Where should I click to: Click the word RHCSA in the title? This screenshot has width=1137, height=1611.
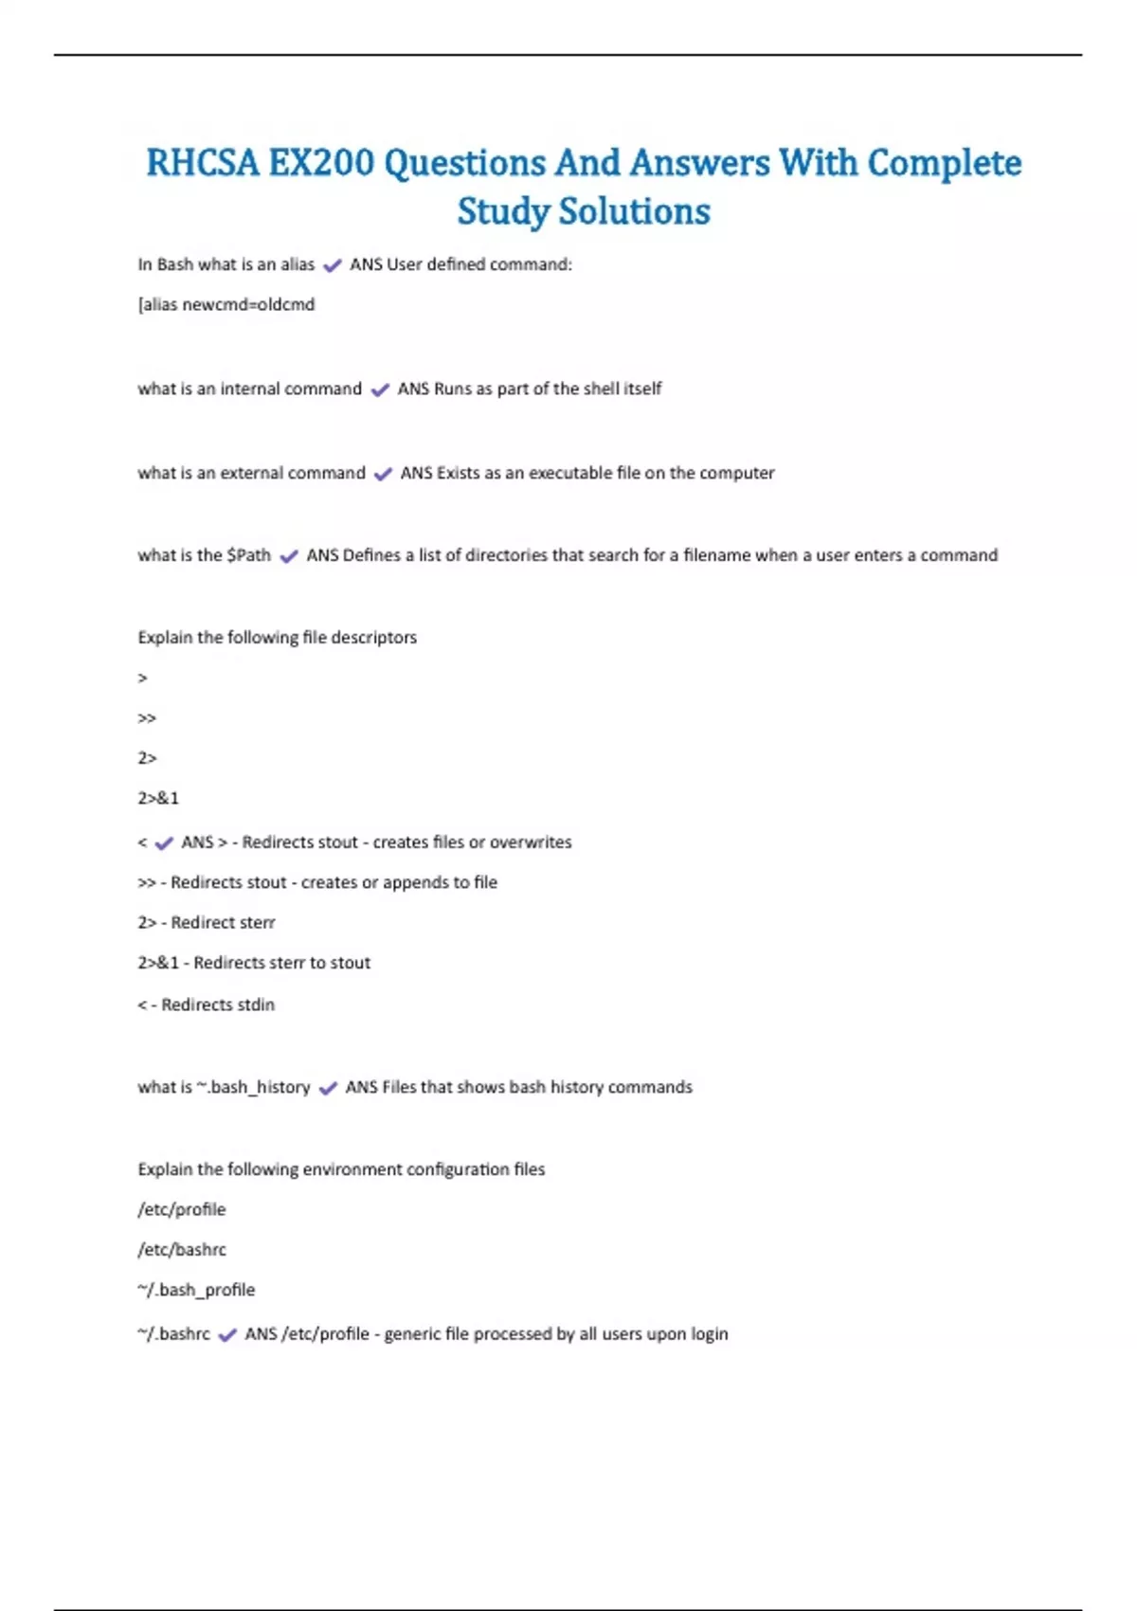click(202, 163)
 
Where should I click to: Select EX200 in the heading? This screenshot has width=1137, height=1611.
click(321, 163)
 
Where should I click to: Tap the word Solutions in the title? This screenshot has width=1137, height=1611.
click(635, 211)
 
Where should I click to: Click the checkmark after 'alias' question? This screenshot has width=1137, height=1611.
click(332, 266)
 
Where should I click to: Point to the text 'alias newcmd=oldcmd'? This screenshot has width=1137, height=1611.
click(227, 305)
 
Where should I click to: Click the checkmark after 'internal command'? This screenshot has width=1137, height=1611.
click(380, 389)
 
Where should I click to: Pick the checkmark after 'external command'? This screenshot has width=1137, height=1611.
click(383, 474)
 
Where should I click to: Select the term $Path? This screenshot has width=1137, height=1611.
click(248, 555)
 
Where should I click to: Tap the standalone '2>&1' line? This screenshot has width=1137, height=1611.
click(158, 799)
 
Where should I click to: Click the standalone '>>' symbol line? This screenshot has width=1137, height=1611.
click(147, 718)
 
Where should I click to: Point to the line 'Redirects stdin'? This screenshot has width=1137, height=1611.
click(217, 1005)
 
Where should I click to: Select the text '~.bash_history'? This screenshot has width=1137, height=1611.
click(253, 1087)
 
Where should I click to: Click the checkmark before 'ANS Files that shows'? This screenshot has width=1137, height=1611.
click(328, 1089)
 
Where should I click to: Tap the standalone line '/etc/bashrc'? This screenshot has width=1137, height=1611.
click(182, 1250)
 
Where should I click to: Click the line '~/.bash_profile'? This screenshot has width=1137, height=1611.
click(196, 1290)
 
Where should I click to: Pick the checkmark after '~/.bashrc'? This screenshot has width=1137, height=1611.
click(227, 1335)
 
